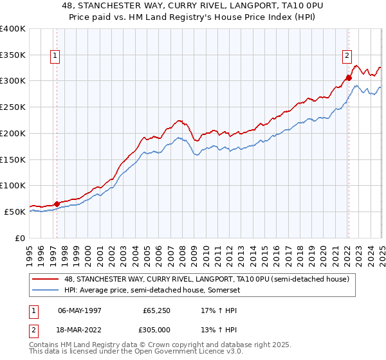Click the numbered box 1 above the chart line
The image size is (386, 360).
(55, 56)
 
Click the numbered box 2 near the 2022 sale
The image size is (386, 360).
(347, 56)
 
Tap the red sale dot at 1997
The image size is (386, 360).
(57, 203)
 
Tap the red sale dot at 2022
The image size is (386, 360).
(349, 78)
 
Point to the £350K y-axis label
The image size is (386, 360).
(13, 55)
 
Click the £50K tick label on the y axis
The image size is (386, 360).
(15, 212)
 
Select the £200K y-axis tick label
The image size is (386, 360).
(13, 133)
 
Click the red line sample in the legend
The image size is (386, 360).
(46, 279)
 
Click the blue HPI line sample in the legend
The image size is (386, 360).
(46, 291)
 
